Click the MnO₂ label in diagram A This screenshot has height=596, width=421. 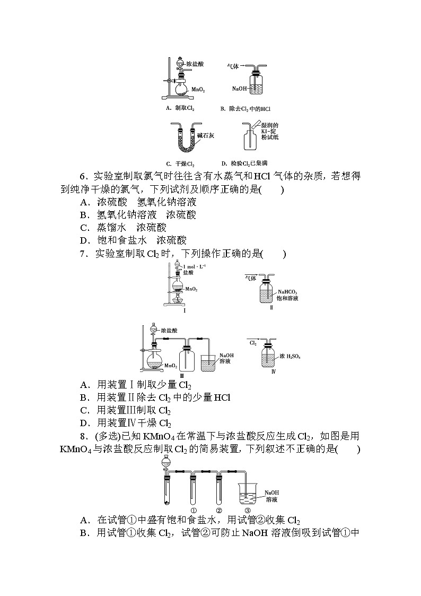[198, 83]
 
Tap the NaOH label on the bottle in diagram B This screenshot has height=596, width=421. [240, 88]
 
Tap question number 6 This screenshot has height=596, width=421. [83, 175]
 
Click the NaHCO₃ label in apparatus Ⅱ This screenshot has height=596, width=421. [287, 291]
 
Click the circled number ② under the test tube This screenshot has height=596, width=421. [218, 511]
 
